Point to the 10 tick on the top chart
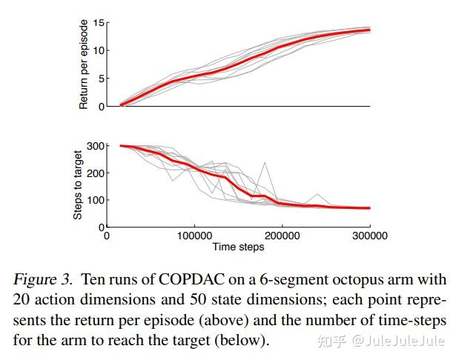(99, 51)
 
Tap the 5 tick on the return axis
(101, 79)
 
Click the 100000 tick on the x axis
(194, 236)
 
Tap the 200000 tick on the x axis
(282, 236)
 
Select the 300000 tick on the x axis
(369, 236)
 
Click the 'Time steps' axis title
(238, 247)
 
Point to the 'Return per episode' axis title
(84, 65)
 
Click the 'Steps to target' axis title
(77, 181)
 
